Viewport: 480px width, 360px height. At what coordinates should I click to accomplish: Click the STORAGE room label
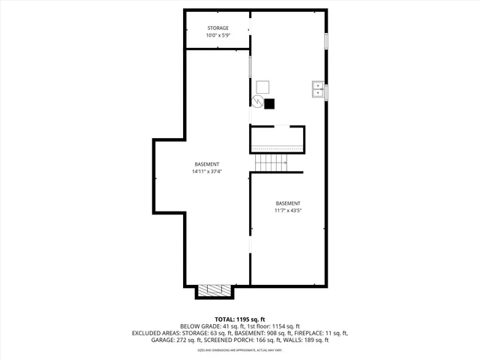pos(218,28)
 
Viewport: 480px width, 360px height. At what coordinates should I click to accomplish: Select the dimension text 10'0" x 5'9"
pos(218,36)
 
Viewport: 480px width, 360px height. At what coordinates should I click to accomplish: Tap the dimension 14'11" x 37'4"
pos(207,172)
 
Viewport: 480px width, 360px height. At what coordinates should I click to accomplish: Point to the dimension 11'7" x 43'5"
pos(288,211)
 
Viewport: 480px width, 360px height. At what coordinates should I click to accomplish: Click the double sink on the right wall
pos(318,91)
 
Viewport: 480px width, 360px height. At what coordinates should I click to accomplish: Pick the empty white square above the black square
pos(262,86)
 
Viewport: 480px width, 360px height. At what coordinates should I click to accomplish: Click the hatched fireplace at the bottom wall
pos(215,290)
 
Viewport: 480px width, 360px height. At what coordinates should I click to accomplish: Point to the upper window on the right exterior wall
pos(326,41)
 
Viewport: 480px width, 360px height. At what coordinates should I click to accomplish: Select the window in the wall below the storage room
pos(250,67)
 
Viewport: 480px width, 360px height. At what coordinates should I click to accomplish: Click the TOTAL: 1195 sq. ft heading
pos(239,319)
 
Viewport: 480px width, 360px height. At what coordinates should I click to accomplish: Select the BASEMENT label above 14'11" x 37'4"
pos(207,164)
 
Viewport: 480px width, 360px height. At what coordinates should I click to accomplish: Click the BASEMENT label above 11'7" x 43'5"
pos(288,203)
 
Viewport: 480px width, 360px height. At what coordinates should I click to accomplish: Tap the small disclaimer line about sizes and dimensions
pos(239,350)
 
